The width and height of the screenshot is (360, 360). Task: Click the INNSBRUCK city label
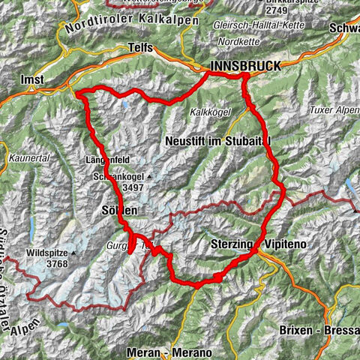[x=246, y=67]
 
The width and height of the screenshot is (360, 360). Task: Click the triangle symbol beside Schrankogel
[x=148, y=177]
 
